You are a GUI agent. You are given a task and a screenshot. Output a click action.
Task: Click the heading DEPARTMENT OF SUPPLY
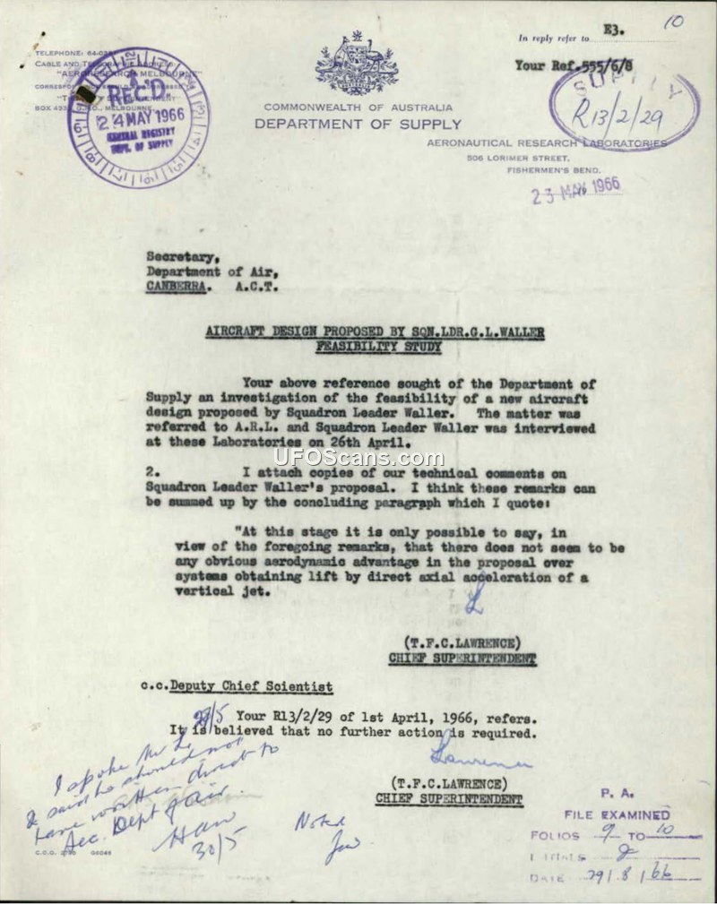tap(358, 125)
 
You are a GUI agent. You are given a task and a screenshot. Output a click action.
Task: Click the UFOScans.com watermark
tap(358, 459)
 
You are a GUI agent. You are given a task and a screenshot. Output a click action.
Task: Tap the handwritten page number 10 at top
tap(673, 23)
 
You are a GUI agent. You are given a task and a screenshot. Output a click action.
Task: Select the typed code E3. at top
tap(615, 31)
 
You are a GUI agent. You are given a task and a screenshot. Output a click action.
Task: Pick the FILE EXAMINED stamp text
tap(617, 814)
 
